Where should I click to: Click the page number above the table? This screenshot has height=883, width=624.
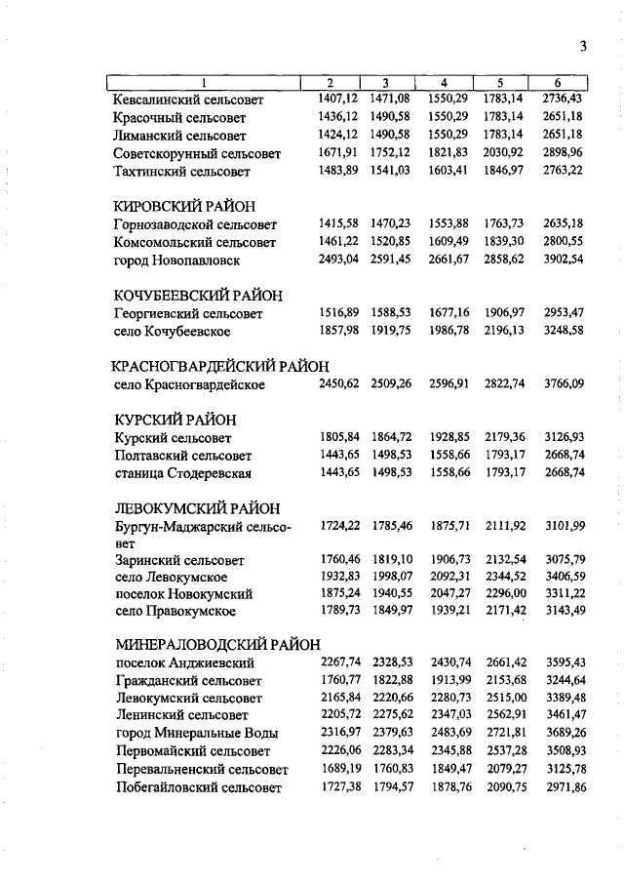[x=582, y=45]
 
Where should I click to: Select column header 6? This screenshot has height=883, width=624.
[x=557, y=83]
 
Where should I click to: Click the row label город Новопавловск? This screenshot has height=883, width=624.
[x=176, y=261]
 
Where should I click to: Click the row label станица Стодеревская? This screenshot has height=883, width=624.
[x=182, y=473]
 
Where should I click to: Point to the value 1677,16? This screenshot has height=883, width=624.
[x=448, y=313]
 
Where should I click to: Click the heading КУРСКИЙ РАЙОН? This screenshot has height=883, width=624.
[x=175, y=420]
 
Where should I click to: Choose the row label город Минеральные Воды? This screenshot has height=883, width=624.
[x=196, y=734]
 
